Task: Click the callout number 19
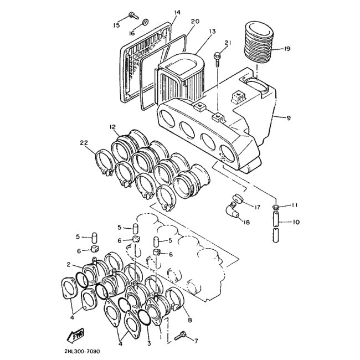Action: pos(286,49)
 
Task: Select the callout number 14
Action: pos(177,12)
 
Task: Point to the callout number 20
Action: pos(195,22)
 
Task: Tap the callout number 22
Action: pos(84,143)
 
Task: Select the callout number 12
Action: pos(113,127)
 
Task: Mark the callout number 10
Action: pos(296,223)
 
